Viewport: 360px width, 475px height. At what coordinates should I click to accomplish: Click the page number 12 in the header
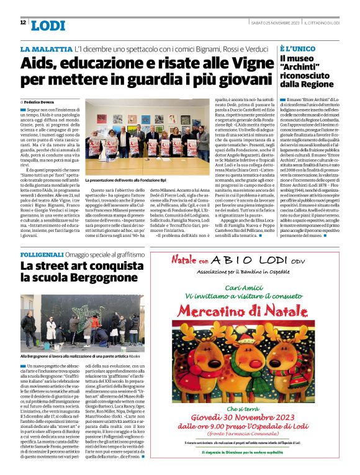click(x=23, y=23)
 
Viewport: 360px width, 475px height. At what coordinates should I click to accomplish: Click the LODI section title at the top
click(x=47, y=25)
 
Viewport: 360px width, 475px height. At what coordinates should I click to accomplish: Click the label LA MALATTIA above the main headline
click(x=46, y=48)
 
